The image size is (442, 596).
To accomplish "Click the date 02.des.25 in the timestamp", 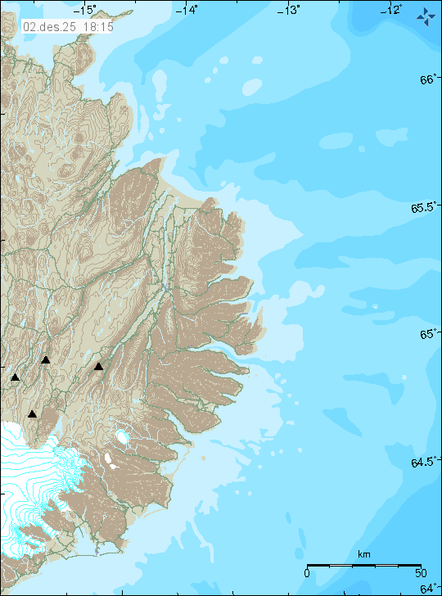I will (51, 27).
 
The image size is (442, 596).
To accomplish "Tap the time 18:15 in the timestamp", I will (97, 27).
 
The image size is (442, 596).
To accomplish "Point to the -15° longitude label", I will (85, 9).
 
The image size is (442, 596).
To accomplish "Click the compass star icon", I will (425, 16).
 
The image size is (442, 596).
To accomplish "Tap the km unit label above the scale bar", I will (363, 555).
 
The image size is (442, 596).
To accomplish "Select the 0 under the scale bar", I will (306, 573).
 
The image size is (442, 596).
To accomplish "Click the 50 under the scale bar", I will (419, 573).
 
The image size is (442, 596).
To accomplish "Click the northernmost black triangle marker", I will (46, 359).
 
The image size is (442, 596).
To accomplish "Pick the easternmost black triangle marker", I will (98, 367).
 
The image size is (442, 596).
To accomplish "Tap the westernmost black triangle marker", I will (15, 377).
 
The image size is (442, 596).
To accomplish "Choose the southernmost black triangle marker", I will (32, 413).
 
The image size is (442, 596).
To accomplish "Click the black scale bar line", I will (363, 565).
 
